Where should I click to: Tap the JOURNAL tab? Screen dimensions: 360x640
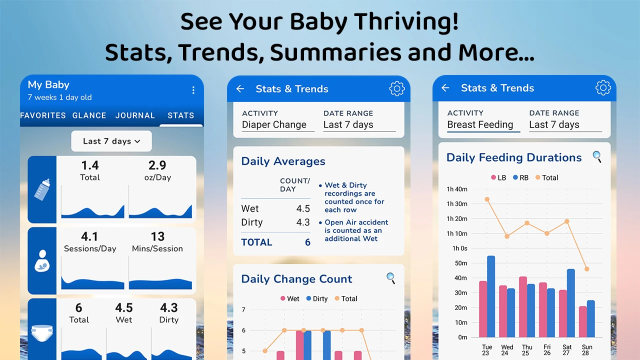pyautogui.click(x=135, y=115)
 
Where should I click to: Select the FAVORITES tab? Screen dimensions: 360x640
pyautogui.click(x=43, y=115)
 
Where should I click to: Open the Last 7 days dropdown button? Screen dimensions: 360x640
pyautogui.click(x=111, y=141)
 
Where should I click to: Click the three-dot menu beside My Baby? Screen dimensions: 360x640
pyautogui.click(x=193, y=90)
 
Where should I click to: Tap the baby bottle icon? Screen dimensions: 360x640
pyautogui.click(x=42, y=189)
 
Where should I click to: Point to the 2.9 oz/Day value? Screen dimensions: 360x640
pyautogui.click(x=157, y=165)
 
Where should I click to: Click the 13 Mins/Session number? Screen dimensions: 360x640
pyautogui.click(x=157, y=236)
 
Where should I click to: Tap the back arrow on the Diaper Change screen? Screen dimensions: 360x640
pyautogui.click(x=240, y=89)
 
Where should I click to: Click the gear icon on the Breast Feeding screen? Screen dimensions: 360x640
pyautogui.click(x=603, y=88)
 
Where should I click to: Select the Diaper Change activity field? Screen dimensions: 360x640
pyautogui.click(x=274, y=125)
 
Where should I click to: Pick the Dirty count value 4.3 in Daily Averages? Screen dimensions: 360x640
pyautogui.click(x=303, y=222)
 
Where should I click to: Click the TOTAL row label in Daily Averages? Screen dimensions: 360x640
pyautogui.click(x=256, y=242)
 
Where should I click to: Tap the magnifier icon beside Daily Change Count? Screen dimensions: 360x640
pyautogui.click(x=391, y=278)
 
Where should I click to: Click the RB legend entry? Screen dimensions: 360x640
pyautogui.click(x=520, y=177)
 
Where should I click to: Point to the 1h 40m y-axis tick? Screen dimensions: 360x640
pyautogui.click(x=456, y=189)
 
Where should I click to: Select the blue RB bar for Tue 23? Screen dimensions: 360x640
pyautogui.click(x=491, y=296)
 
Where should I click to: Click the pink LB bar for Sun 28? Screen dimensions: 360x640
pyautogui.click(x=583, y=321)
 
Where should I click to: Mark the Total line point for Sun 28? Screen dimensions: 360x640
pyautogui.click(x=586, y=269)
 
